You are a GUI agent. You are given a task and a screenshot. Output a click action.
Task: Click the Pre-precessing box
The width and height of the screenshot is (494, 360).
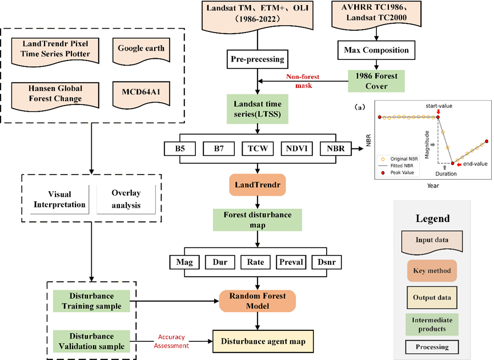[x=258, y=59]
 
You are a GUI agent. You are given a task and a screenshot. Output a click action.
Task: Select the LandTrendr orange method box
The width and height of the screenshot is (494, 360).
[x=258, y=185]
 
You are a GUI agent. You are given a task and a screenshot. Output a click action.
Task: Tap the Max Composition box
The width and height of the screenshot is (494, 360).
[x=376, y=50]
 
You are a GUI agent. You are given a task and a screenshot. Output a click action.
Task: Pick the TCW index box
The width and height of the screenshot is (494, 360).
[x=258, y=149]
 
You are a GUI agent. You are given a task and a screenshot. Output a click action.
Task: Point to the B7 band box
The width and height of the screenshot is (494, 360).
[x=219, y=149]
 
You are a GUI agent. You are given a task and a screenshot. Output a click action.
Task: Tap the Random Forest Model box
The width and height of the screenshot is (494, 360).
[x=258, y=301]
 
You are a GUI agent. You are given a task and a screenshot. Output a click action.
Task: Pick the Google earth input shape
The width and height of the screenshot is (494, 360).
[x=141, y=49]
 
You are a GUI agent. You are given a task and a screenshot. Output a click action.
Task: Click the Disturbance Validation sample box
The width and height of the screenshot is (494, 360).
[x=91, y=341]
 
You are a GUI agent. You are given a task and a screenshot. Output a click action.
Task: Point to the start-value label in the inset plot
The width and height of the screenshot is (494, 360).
[x=438, y=106]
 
